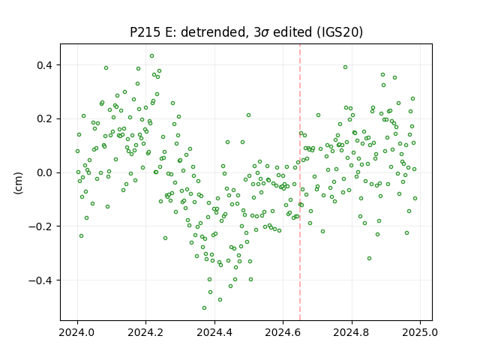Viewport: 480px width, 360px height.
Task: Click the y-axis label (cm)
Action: tap(18, 183)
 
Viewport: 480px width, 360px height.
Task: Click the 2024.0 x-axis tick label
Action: tap(77, 332)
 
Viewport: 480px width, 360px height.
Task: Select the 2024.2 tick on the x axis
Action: tap(146, 332)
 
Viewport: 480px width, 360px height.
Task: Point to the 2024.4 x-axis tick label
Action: tap(214, 332)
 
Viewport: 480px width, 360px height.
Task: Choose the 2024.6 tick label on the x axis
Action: tap(283, 332)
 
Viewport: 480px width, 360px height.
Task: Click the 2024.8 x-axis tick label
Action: tap(352, 332)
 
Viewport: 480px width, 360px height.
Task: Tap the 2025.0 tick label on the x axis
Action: tap(420, 332)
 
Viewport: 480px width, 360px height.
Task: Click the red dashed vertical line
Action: tap(300, 182)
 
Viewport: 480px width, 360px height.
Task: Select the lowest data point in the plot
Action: tap(204, 308)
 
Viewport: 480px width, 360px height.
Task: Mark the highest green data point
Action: tap(151, 56)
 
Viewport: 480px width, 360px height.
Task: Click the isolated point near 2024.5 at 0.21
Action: tap(248, 115)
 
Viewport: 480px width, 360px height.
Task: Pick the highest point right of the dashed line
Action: tap(345, 67)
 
